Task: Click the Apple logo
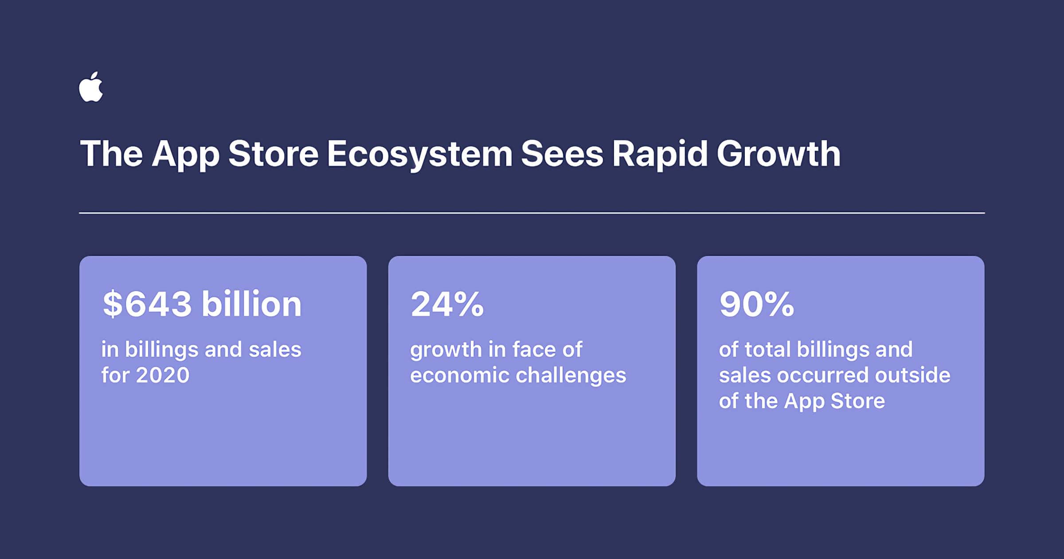[x=91, y=87]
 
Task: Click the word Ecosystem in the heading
[x=419, y=154]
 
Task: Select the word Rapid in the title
[x=660, y=154]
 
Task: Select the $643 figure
[x=147, y=304]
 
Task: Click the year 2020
[x=163, y=375]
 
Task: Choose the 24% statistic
[x=447, y=304]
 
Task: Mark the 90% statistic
[x=756, y=304]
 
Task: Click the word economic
[x=460, y=375]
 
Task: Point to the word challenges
[x=571, y=376]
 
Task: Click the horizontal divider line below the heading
[x=532, y=213]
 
